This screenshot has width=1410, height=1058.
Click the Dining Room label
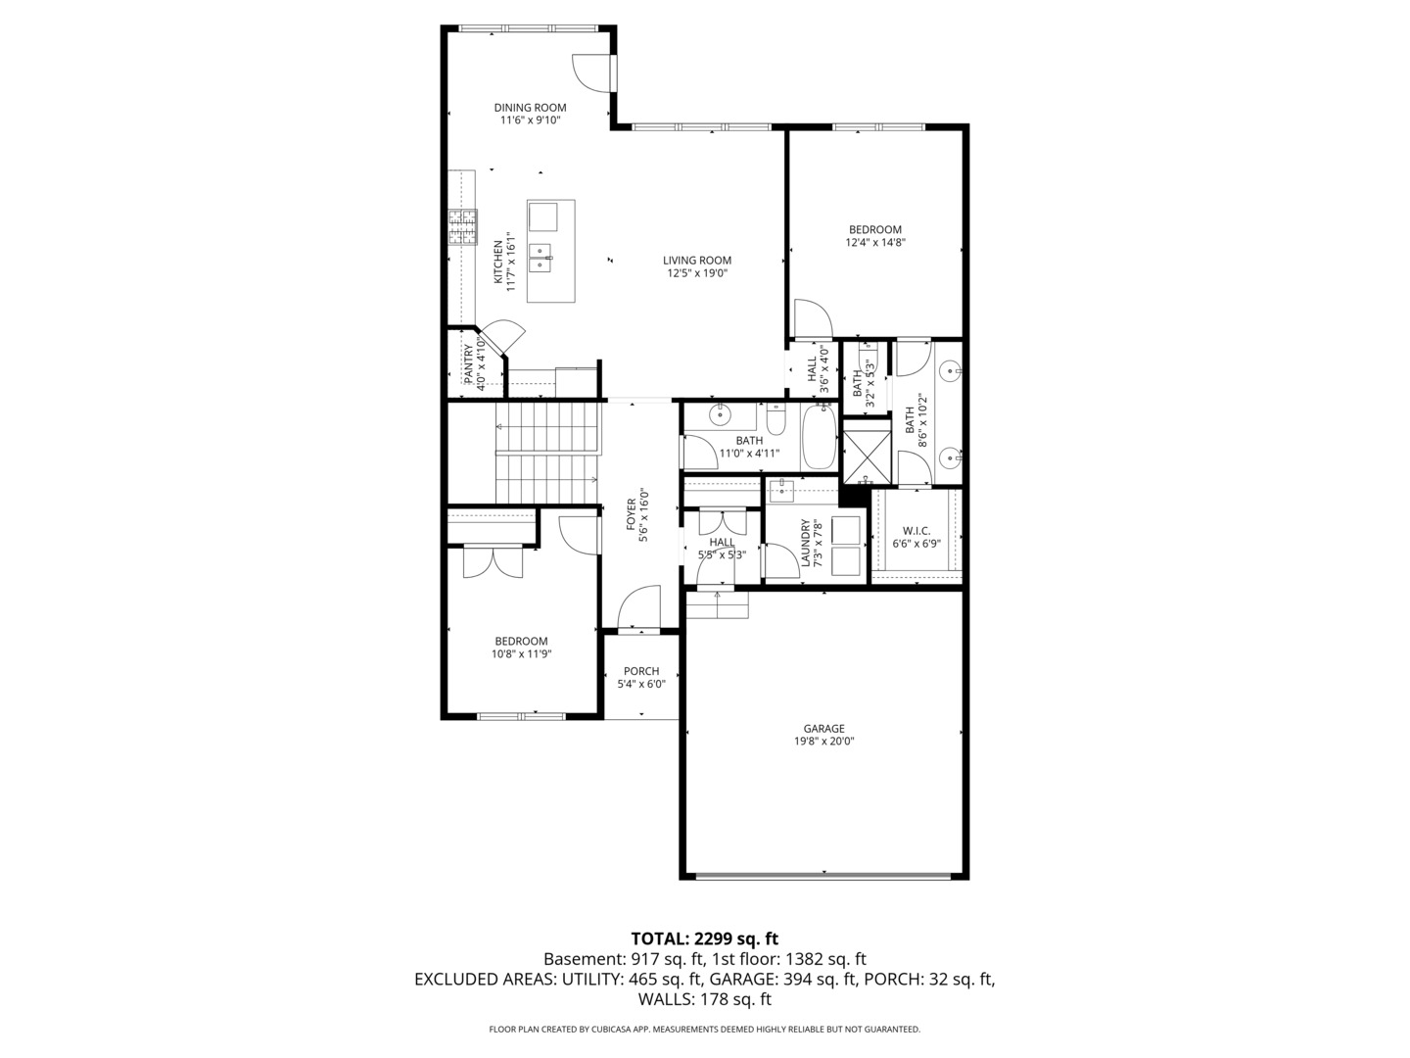[x=530, y=108]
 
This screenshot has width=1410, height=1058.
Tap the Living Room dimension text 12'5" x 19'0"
[x=697, y=274]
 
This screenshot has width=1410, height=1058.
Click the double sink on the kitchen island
[x=540, y=258]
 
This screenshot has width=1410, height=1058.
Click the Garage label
[x=823, y=729]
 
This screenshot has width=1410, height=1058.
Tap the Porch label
[x=641, y=671]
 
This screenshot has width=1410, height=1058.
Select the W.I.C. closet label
[x=916, y=530]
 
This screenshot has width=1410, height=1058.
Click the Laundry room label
[x=805, y=543]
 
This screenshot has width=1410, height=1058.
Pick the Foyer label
[x=632, y=509]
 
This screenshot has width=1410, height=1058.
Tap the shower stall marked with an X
[x=867, y=453]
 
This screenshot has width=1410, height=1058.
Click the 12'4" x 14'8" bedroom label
[x=874, y=230]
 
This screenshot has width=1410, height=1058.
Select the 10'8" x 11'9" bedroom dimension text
[x=521, y=654]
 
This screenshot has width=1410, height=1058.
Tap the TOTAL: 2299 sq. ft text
[x=704, y=938]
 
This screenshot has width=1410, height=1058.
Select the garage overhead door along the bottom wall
[x=823, y=874]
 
